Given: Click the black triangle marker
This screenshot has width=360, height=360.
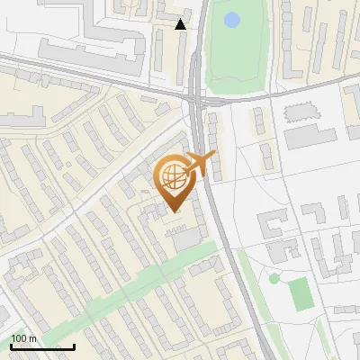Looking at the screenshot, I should (181, 24).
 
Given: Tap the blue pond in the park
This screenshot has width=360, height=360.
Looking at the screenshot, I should (232, 19).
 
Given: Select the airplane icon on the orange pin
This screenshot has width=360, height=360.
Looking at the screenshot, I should (200, 164).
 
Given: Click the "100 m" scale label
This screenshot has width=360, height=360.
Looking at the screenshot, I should (23, 337).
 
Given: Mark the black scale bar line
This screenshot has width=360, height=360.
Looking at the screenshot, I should (42, 346).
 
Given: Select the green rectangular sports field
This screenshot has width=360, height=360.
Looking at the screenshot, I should (300, 291).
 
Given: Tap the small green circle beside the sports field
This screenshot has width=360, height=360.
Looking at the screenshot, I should (274, 278).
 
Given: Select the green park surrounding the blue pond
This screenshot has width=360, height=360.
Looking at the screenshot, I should (236, 54).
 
